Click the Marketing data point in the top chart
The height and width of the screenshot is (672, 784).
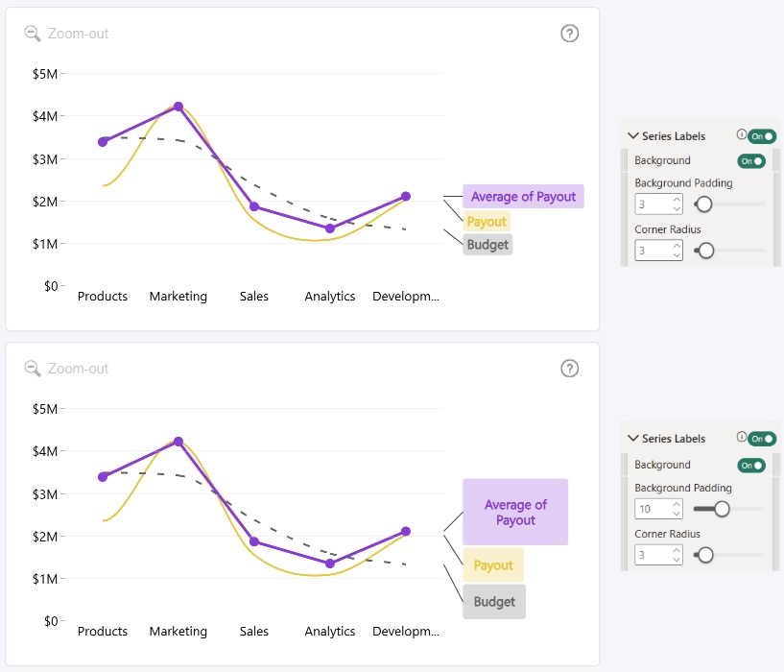178,107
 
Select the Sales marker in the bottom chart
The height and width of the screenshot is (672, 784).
254,541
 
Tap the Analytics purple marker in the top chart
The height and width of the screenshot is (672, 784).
330,228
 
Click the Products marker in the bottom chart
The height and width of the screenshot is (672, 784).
103,477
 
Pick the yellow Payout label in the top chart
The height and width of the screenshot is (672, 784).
487,221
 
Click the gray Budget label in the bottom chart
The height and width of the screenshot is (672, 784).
494,602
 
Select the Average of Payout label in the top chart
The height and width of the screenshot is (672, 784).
523,196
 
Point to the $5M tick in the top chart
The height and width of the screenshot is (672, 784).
45,74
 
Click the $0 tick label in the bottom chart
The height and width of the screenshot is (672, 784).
51,621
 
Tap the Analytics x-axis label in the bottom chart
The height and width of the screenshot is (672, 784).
330,631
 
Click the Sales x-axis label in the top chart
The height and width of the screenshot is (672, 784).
254,297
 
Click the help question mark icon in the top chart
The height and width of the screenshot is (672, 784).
569,34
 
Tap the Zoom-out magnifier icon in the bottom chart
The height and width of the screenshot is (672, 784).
33,369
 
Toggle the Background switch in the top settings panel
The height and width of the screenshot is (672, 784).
751,160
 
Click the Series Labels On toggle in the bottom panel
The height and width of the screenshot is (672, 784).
762,439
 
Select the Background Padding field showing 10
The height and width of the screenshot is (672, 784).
658,509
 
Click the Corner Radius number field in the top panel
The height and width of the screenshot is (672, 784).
658,251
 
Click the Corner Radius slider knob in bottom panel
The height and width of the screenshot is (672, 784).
705,555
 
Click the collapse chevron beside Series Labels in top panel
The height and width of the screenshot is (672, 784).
633,135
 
